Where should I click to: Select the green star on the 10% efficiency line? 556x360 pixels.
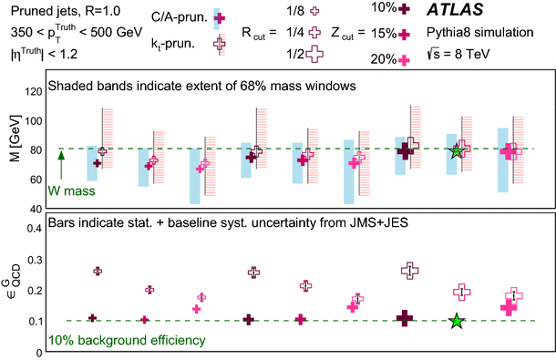[457, 321]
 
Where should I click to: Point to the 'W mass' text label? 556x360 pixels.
[69, 191]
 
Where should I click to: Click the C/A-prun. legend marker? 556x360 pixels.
[217, 17]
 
